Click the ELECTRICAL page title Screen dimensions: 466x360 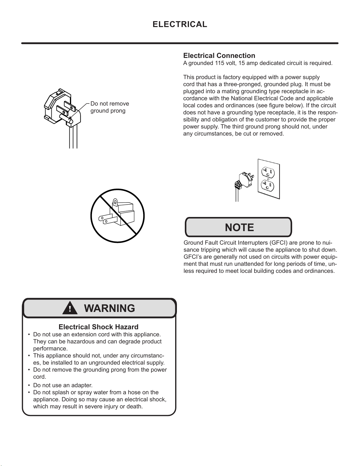pyautogui.click(x=180, y=24)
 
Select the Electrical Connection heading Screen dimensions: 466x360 pyautogui.click(x=219, y=56)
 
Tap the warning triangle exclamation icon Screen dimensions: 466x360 pyautogui.click(x=70, y=308)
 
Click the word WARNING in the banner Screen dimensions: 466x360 pyautogui.click(x=109, y=308)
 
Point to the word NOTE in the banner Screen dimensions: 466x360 pyautogui.click(x=239, y=227)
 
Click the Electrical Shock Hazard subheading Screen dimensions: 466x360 pyautogui.click(x=98, y=327)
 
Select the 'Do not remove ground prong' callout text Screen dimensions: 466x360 pyautogui.click(x=109, y=107)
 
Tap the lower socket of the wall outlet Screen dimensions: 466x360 pyautogui.click(x=268, y=185)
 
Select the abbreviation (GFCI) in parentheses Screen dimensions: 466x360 pyautogui.click(x=278, y=243)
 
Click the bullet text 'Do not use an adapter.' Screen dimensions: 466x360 pyautogui.click(x=63, y=385)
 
